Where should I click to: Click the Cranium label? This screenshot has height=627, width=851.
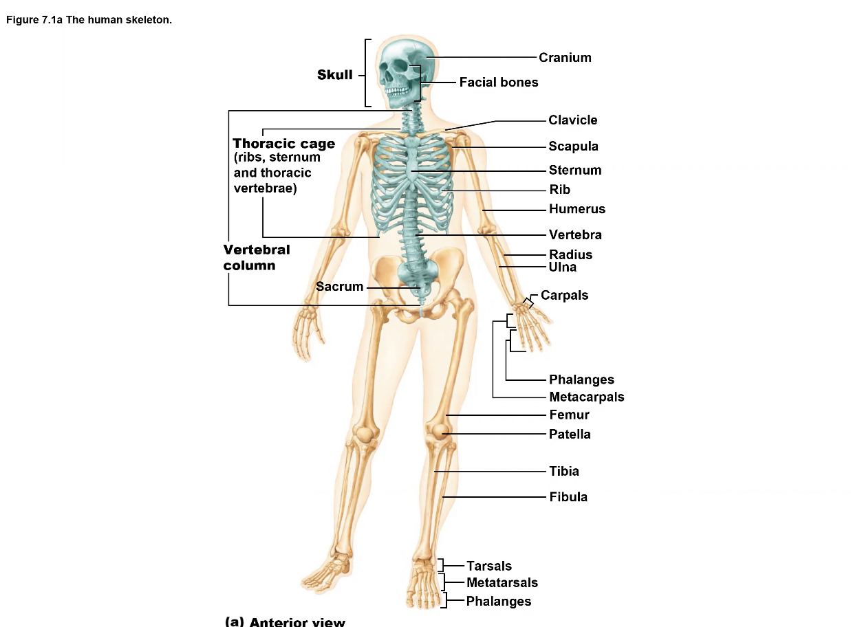(x=565, y=58)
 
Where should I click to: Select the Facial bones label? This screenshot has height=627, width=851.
(x=499, y=82)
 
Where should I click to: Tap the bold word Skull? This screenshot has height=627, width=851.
(x=335, y=75)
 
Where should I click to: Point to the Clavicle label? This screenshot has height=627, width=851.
(x=573, y=120)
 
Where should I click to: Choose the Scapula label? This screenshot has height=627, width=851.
(x=574, y=146)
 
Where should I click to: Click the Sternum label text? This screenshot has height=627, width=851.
(x=575, y=170)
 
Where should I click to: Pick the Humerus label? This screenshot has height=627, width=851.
(x=577, y=209)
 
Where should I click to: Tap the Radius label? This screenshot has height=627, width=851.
(x=570, y=255)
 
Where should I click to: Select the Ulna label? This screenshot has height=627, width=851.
(x=563, y=267)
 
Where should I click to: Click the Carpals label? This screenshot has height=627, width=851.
(x=564, y=296)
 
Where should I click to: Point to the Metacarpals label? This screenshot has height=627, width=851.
(x=586, y=397)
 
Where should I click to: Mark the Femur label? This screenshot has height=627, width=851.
(x=569, y=415)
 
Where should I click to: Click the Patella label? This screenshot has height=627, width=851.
(x=570, y=434)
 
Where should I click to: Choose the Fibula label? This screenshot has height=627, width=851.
(x=568, y=497)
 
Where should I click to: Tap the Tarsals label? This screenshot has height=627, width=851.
(x=489, y=566)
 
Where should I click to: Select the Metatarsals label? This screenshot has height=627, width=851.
(x=502, y=583)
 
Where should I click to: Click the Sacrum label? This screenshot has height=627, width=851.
(x=339, y=287)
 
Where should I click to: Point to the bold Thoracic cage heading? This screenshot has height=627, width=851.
(x=284, y=144)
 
